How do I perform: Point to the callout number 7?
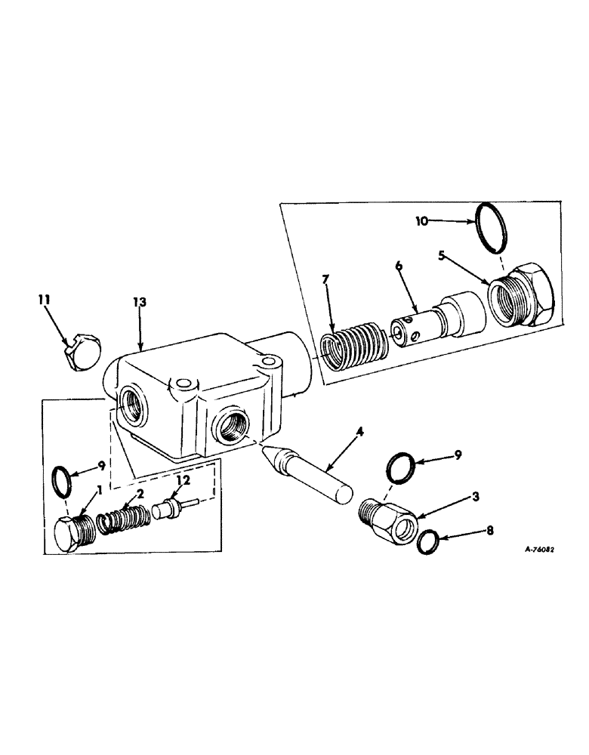[x=325, y=280]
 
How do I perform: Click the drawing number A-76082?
[x=534, y=550]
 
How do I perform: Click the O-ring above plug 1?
[x=66, y=477]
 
